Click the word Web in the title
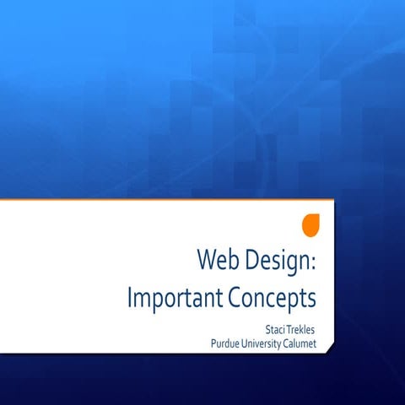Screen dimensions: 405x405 coord(217,259)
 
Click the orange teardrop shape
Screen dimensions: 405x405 coord(311,225)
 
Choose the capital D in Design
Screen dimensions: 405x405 coord(251,259)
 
